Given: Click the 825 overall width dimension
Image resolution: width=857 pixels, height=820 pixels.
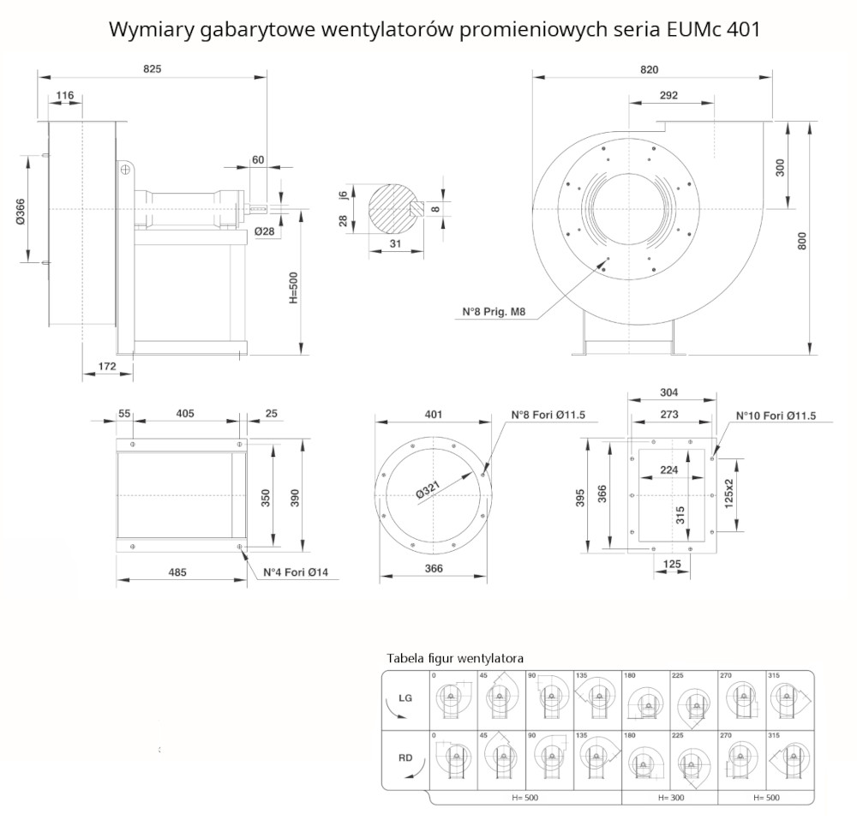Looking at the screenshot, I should tap(152, 68).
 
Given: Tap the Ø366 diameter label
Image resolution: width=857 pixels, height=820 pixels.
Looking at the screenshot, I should tap(20, 210).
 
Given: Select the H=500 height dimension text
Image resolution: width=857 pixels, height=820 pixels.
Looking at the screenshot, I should tap(292, 289).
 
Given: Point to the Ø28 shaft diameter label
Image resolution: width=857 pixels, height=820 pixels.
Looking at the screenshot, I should tap(265, 233).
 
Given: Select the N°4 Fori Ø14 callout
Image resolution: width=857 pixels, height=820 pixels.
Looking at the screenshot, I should tap(289, 572).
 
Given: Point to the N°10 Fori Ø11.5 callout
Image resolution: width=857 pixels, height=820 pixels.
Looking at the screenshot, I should tap(776, 416).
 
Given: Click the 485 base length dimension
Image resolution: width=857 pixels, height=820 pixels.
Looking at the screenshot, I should tap(177, 571).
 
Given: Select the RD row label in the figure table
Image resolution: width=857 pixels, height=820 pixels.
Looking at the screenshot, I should tap(405, 757).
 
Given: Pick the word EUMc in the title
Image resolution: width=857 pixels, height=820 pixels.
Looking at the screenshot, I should tap(688, 29).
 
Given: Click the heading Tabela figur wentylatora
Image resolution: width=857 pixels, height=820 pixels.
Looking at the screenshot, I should tap(455, 658).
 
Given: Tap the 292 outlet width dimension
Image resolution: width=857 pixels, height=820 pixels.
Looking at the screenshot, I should tap(669, 95).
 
